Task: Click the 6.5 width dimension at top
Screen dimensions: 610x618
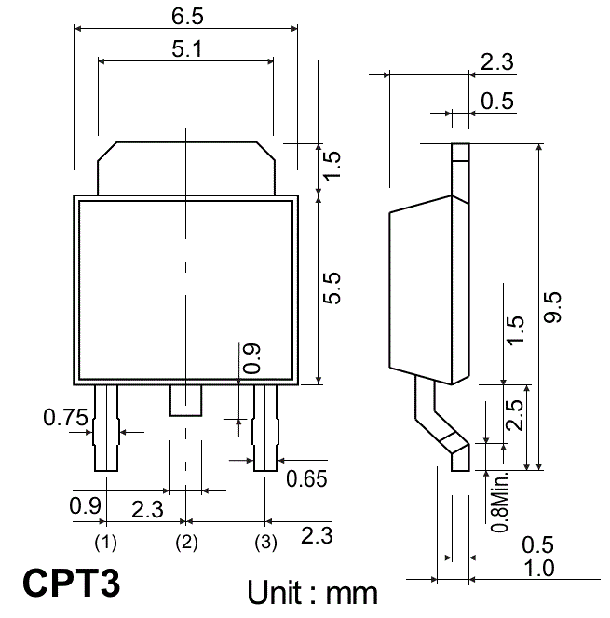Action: coord(187,17)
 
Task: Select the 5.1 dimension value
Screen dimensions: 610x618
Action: coord(187,49)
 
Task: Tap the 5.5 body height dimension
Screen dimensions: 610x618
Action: coord(332,288)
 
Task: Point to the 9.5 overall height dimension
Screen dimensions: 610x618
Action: coord(552,307)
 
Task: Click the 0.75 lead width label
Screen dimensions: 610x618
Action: coord(65,417)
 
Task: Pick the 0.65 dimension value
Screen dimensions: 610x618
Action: coord(306,479)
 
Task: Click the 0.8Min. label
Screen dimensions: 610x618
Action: coord(499,501)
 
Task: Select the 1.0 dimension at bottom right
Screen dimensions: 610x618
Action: coord(538,569)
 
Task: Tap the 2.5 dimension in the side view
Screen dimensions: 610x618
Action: coord(515,415)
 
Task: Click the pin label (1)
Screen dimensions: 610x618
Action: coord(105,543)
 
